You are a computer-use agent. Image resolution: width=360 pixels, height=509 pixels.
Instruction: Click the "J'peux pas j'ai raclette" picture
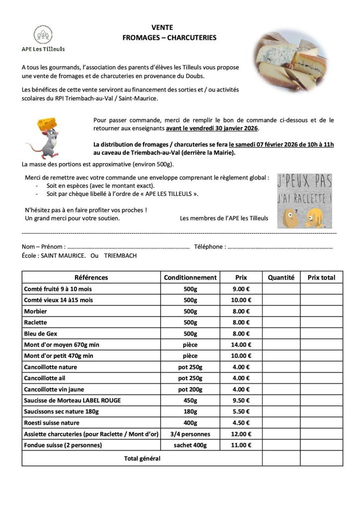point(304,201)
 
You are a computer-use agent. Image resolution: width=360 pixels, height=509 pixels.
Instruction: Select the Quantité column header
point(281,277)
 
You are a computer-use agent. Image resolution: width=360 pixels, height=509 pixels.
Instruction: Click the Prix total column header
point(321,277)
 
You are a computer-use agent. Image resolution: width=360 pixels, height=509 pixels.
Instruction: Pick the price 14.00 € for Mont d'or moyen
point(241,344)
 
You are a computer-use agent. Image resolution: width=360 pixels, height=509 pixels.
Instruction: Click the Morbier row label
point(36,311)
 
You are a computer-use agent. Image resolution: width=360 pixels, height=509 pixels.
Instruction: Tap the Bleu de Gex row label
point(41,334)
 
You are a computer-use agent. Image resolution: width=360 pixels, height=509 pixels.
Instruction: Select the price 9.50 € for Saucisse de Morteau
point(241,400)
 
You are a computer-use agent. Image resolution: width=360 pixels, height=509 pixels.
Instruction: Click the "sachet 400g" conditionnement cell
point(190,445)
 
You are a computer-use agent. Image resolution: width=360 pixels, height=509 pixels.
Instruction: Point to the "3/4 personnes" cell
point(190,434)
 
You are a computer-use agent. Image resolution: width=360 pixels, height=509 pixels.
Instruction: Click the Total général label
point(142,458)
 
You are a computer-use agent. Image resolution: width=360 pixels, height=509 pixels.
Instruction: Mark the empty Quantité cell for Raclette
point(281,322)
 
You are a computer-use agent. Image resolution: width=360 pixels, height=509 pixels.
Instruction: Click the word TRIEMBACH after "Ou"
point(120,255)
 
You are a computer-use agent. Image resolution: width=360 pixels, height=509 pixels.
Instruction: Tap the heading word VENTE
point(162,28)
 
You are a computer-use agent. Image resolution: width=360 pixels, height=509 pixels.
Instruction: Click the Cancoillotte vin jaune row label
point(57,389)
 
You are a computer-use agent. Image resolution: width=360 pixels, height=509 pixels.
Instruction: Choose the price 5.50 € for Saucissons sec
point(241,412)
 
